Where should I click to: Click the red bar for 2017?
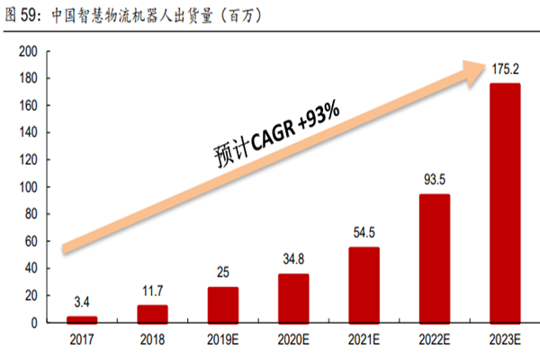pyautogui.click(x=81, y=319)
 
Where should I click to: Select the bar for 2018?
pyautogui.click(x=152, y=313)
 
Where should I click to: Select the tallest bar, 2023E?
pyautogui.click(x=504, y=202)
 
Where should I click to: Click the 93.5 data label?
pyautogui.click(x=435, y=179)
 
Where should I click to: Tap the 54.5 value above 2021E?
pyautogui.click(x=364, y=232)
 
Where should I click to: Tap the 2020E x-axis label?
pyautogui.click(x=293, y=340)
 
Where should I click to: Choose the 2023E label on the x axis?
pyautogui.click(x=504, y=340)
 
